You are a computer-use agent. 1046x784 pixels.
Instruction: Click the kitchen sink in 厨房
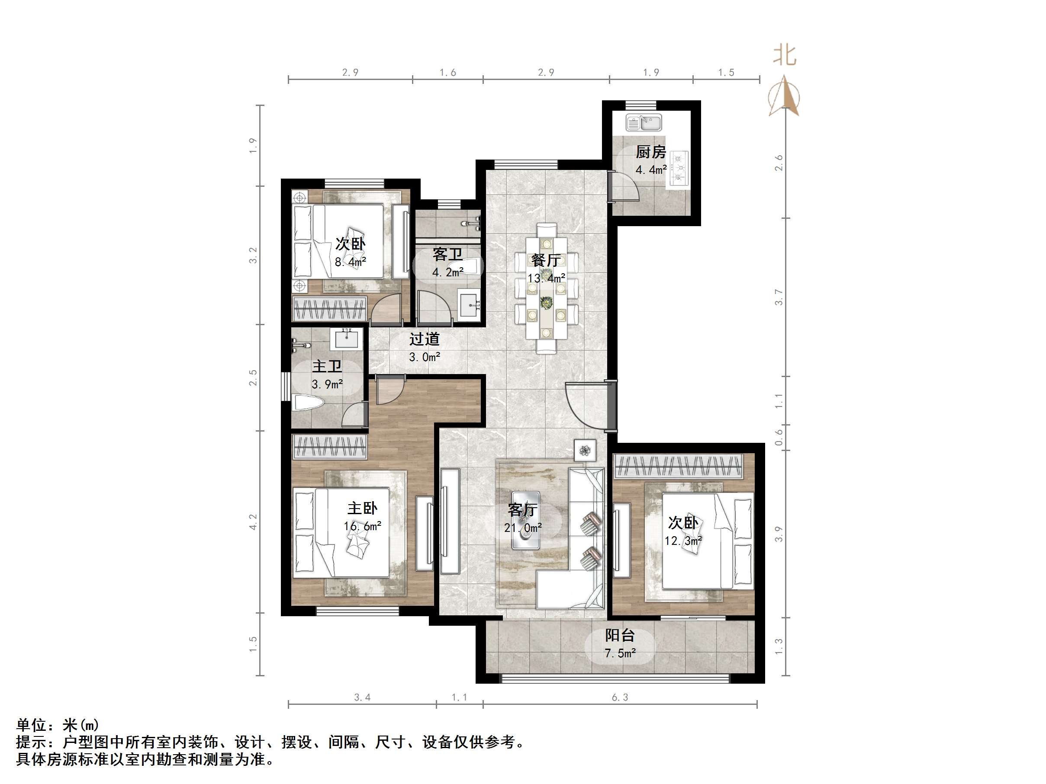point(644,123)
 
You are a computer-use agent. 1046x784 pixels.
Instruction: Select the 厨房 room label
point(651,152)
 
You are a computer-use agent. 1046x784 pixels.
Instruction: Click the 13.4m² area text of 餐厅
point(546,278)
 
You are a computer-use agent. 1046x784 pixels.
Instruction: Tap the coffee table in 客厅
point(526,520)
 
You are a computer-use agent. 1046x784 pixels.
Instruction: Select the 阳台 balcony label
point(619,635)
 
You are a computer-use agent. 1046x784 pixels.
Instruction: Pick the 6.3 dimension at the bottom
point(619,698)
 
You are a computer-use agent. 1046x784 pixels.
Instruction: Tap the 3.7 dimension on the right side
point(779,297)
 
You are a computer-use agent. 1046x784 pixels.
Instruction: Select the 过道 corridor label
point(424,339)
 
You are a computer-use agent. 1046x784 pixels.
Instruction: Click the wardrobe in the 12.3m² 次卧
point(678,466)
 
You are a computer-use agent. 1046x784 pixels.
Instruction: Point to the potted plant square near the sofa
point(585,450)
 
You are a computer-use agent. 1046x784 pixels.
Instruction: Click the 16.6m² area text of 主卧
point(362,526)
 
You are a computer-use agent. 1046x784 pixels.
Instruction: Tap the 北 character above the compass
point(785,56)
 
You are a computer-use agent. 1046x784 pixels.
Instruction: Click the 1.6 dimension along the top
point(447,72)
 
